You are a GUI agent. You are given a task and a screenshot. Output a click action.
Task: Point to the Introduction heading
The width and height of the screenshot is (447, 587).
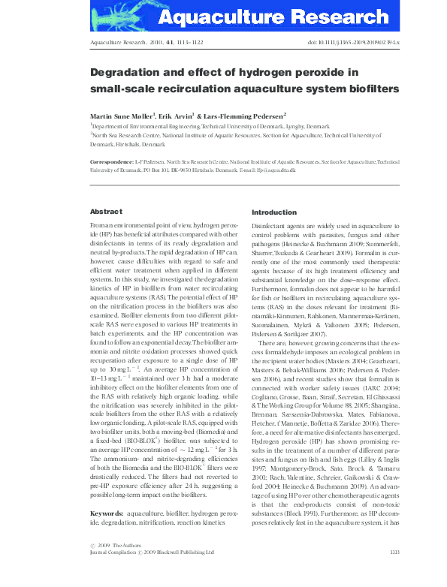pyautogui.click(x=274, y=212)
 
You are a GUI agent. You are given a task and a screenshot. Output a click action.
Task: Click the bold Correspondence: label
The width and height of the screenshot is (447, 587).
pyautogui.click(x=113, y=161)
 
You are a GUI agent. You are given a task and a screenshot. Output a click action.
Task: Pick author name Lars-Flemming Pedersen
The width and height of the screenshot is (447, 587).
pyautogui.click(x=246, y=116)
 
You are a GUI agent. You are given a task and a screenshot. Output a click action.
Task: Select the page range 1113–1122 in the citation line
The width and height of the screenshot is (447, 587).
pyautogui.click(x=186, y=44)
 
